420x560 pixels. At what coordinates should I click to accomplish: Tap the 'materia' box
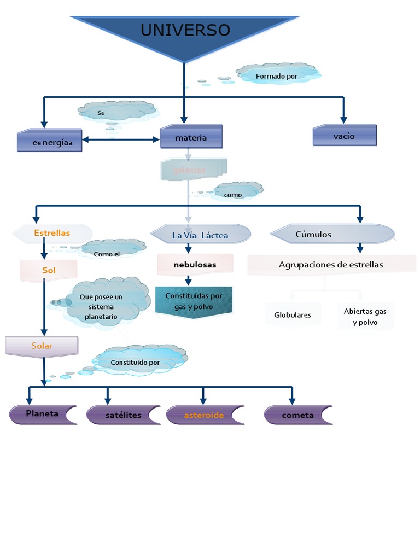191,137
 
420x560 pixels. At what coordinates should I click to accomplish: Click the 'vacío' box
345,136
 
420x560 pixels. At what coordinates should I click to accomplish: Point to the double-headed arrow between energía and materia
121,139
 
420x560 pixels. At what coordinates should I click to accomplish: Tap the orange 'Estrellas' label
51,233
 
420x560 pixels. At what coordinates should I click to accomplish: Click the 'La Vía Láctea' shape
200,235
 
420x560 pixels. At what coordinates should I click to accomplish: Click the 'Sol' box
49,270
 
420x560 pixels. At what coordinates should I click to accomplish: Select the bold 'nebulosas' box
195,265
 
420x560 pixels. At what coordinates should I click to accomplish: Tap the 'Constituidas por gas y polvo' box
194,301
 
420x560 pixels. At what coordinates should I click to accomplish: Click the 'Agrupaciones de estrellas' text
331,265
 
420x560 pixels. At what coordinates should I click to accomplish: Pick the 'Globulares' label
293,315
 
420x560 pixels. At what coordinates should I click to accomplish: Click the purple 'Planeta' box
42,414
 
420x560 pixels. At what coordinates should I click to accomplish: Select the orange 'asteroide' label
204,415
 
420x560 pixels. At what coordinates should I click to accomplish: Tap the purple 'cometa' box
297,415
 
